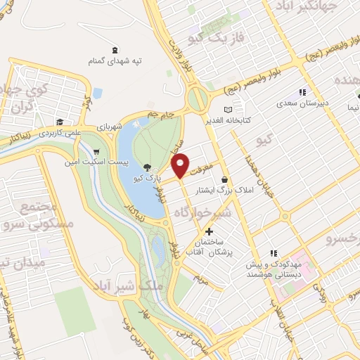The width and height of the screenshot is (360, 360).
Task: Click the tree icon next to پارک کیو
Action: pyautogui.click(x=147, y=167)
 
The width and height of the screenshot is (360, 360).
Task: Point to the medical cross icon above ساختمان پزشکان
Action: pyautogui.click(x=208, y=231)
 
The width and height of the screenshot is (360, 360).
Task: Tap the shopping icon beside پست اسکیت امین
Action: pyautogui.click(x=96, y=151)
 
